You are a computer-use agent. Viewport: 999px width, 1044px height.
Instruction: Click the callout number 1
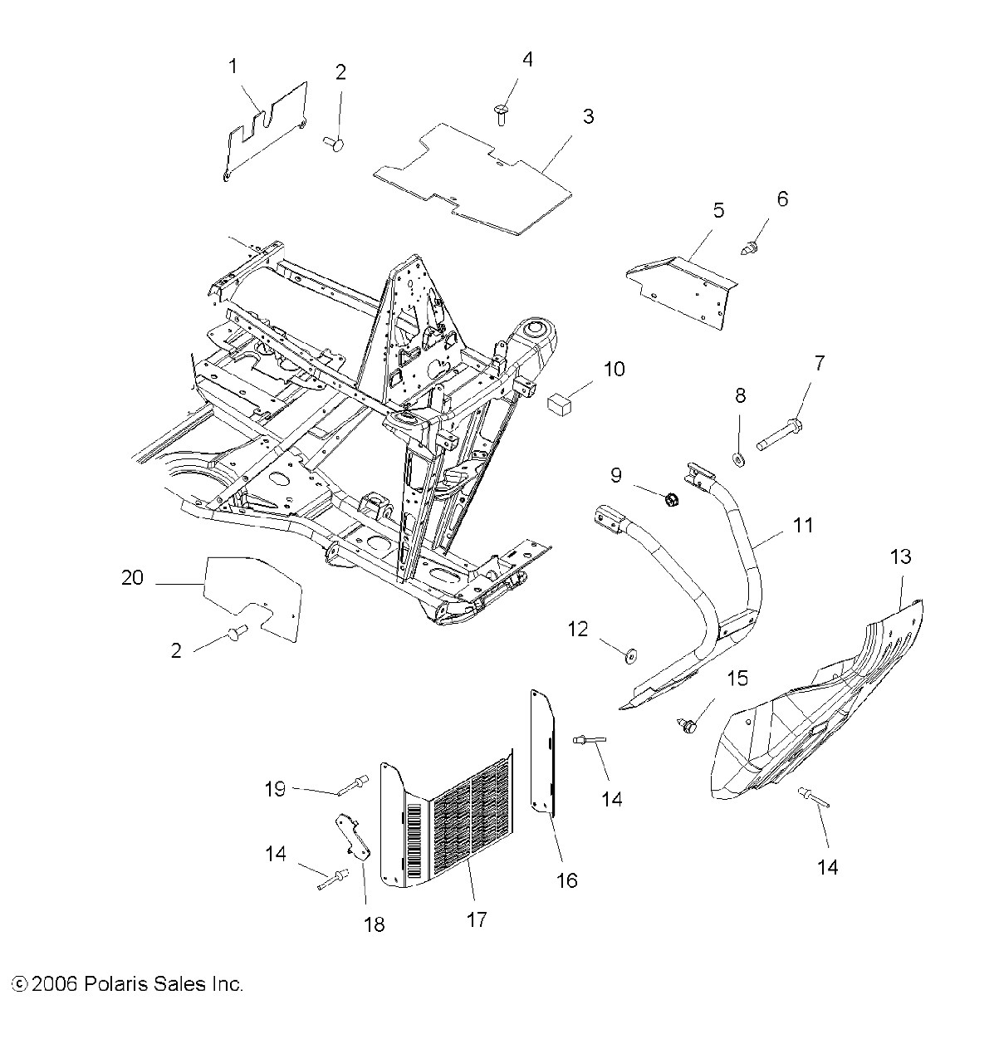233,66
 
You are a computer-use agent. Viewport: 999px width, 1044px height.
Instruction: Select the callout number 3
588,116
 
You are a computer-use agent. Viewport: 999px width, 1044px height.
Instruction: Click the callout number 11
803,525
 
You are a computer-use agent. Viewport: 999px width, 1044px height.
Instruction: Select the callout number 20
133,577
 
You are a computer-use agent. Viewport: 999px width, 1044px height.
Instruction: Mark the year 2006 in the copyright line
55,984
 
